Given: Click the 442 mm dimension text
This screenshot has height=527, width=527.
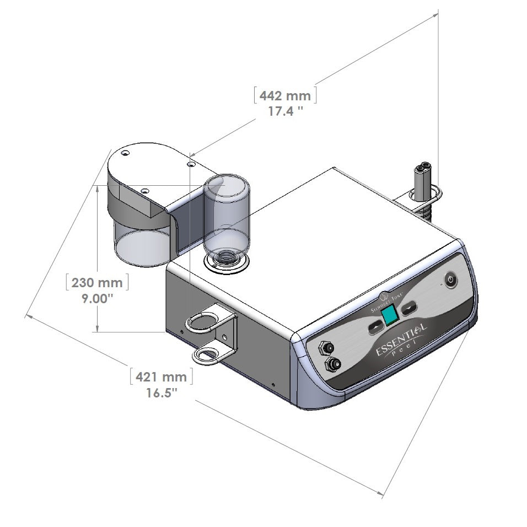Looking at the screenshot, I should click(285, 96).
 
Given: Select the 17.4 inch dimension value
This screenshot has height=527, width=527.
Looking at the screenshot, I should click(285, 111).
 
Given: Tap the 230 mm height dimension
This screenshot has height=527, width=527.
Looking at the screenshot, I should click(96, 283).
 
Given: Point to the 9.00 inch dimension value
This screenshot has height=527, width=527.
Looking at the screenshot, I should click(96, 298).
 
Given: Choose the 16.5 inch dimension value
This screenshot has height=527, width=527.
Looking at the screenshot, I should click(161, 393).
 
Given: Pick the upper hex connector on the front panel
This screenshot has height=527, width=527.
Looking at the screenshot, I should click(325, 348).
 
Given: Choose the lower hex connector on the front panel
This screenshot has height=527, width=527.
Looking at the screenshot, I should click(332, 364).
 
